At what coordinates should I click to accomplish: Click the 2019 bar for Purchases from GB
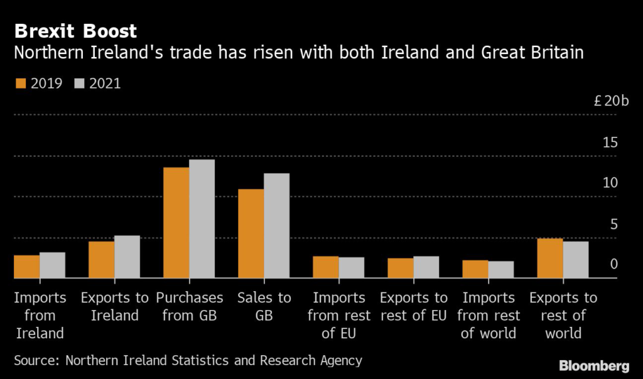pyautogui.click(x=176, y=223)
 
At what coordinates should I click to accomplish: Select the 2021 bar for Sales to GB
pyautogui.click(x=276, y=226)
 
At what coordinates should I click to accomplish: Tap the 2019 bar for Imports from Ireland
pyautogui.click(x=27, y=267)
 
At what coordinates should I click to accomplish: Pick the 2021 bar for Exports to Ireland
pyautogui.click(x=127, y=257)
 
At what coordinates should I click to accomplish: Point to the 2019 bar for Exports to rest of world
pyautogui.click(x=550, y=259)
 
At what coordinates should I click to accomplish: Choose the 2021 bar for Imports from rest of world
pyautogui.click(x=500, y=270)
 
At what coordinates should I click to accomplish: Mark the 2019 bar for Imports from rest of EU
pyautogui.click(x=326, y=267)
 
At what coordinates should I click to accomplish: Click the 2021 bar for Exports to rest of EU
pyautogui.click(x=426, y=267)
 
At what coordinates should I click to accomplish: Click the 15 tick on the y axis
pyautogui.click(x=610, y=143)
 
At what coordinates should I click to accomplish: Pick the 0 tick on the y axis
pyautogui.click(x=613, y=264)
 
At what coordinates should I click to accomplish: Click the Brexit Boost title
pyautogui.click(x=75, y=31)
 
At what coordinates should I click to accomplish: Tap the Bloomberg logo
pyautogui.click(x=594, y=365)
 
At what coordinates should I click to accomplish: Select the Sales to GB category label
pyautogui.click(x=264, y=306)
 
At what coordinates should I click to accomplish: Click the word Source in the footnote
pyautogui.click(x=36, y=361)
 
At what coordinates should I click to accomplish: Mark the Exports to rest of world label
pyautogui.click(x=563, y=315)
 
